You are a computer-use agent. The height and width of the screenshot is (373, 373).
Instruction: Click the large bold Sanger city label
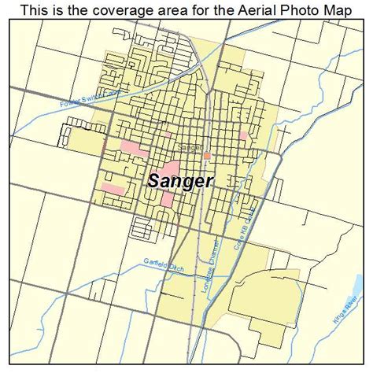pos(179,180)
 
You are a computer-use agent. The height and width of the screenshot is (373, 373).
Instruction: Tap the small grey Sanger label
pos(190,147)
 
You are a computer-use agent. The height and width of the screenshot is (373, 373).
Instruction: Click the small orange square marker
pos(207,156)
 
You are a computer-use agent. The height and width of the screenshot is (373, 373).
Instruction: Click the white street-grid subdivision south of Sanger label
pos(143,229)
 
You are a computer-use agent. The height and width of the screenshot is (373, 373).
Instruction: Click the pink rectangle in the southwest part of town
pos(112,189)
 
